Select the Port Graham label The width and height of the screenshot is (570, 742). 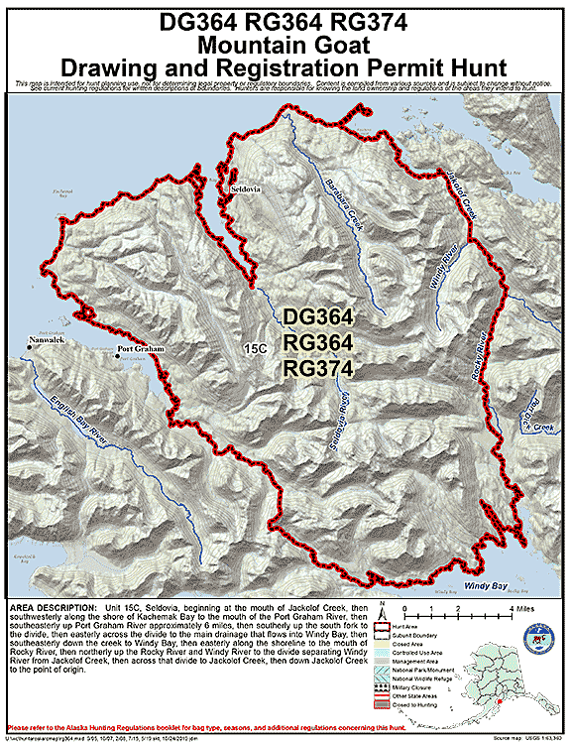[x=139, y=349]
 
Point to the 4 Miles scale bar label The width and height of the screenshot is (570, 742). [x=520, y=606]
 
